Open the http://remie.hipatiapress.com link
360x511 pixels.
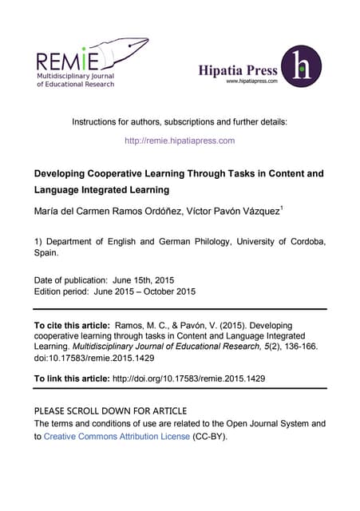(180, 141)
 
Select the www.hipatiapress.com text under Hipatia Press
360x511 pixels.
(251, 81)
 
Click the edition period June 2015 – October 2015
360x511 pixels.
(150, 291)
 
